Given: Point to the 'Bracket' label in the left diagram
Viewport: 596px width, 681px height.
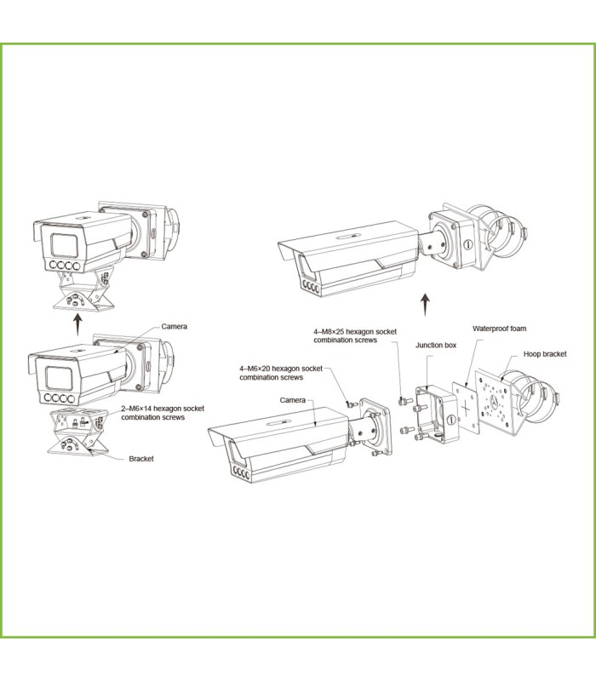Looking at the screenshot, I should point(141,458).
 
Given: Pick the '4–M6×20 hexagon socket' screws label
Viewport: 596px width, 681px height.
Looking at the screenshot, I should point(280,372).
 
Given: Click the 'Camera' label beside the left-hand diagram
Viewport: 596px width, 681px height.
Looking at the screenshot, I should point(175,326).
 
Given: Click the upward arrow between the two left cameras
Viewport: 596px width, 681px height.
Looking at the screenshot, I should point(78,322).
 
